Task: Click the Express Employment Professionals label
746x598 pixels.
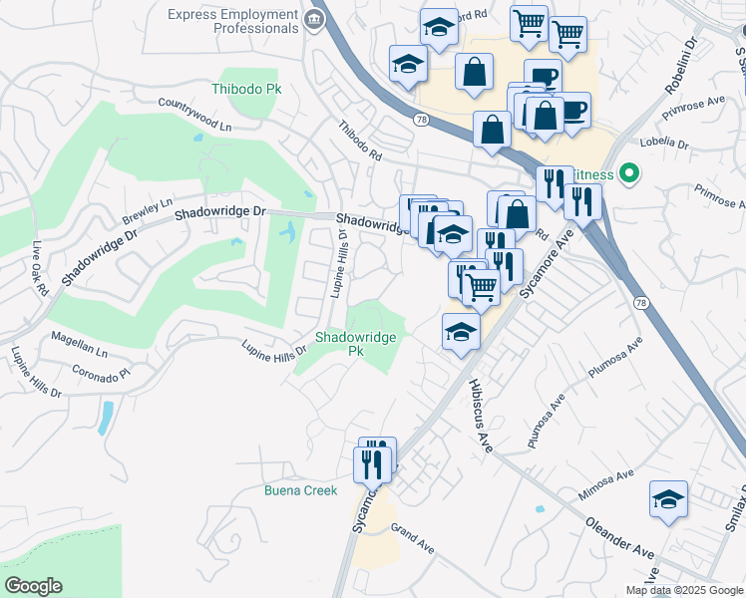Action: click(232, 22)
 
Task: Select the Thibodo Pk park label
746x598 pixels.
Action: click(246, 89)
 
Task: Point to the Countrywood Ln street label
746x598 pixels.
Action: click(194, 115)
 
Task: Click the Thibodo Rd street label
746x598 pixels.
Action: click(360, 142)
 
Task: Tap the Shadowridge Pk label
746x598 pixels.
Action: click(356, 344)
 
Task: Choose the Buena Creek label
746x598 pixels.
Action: click(300, 490)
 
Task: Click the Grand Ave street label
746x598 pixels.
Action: click(413, 539)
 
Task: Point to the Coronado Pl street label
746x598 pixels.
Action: click(101, 372)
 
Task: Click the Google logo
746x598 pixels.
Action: click(33, 586)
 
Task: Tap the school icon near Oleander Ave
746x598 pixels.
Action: click(668, 499)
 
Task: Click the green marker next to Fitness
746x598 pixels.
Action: click(628, 173)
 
